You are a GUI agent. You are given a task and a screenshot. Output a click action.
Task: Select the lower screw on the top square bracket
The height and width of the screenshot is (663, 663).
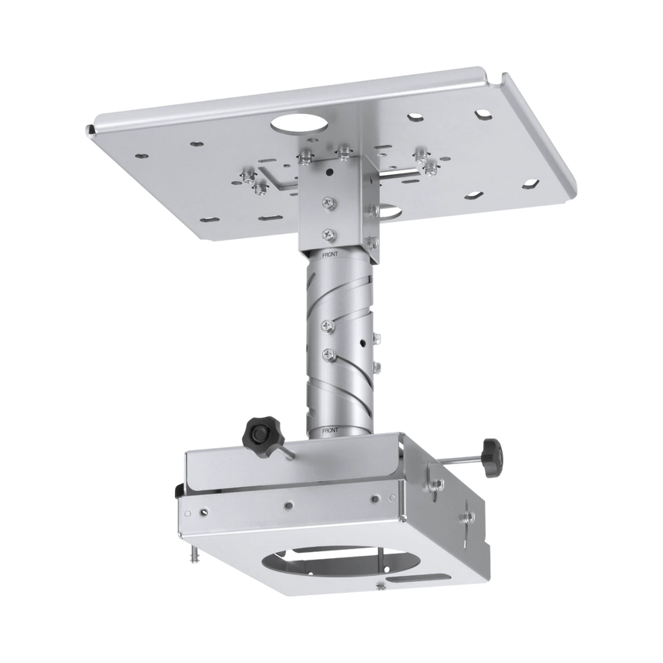pos(329,230)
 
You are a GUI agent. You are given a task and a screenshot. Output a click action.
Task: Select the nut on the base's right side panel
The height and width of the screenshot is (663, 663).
pos(439,485)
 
